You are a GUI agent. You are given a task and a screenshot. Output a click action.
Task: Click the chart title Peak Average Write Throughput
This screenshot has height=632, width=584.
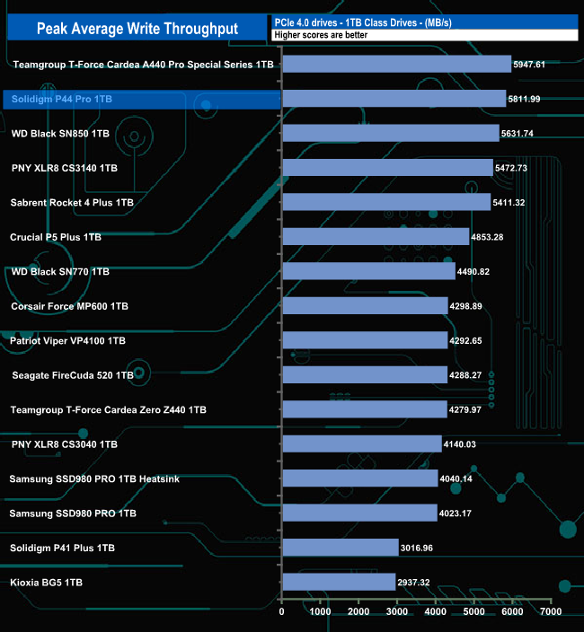point(137,29)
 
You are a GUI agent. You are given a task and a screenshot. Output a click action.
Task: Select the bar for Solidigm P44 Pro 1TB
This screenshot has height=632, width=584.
point(394,99)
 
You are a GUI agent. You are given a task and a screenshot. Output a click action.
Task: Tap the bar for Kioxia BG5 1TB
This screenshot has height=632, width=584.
point(339,583)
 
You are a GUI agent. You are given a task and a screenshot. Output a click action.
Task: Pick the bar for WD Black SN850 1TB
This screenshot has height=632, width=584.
point(391,133)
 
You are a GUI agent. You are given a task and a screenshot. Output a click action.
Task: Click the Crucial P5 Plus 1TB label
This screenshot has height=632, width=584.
point(56,238)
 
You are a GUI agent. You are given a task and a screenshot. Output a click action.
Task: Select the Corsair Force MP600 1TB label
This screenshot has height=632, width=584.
point(69,306)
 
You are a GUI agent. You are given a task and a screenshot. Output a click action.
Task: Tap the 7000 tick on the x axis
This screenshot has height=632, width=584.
point(550,612)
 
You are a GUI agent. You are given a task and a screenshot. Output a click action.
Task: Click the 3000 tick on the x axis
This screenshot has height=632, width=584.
point(397,612)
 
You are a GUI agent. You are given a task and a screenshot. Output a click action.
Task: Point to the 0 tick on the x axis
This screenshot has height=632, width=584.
point(282,612)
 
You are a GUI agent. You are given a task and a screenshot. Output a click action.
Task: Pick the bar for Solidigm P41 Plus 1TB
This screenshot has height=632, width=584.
point(341,548)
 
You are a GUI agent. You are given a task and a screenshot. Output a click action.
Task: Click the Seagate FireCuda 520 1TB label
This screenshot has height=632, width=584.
point(73,375)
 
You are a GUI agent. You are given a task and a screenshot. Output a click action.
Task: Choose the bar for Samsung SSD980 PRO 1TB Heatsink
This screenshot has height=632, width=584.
point(360,478)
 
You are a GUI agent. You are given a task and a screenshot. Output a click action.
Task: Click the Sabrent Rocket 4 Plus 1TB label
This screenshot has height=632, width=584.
point(72,203)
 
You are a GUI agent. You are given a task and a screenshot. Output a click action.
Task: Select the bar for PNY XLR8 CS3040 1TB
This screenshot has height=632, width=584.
point(362,444)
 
